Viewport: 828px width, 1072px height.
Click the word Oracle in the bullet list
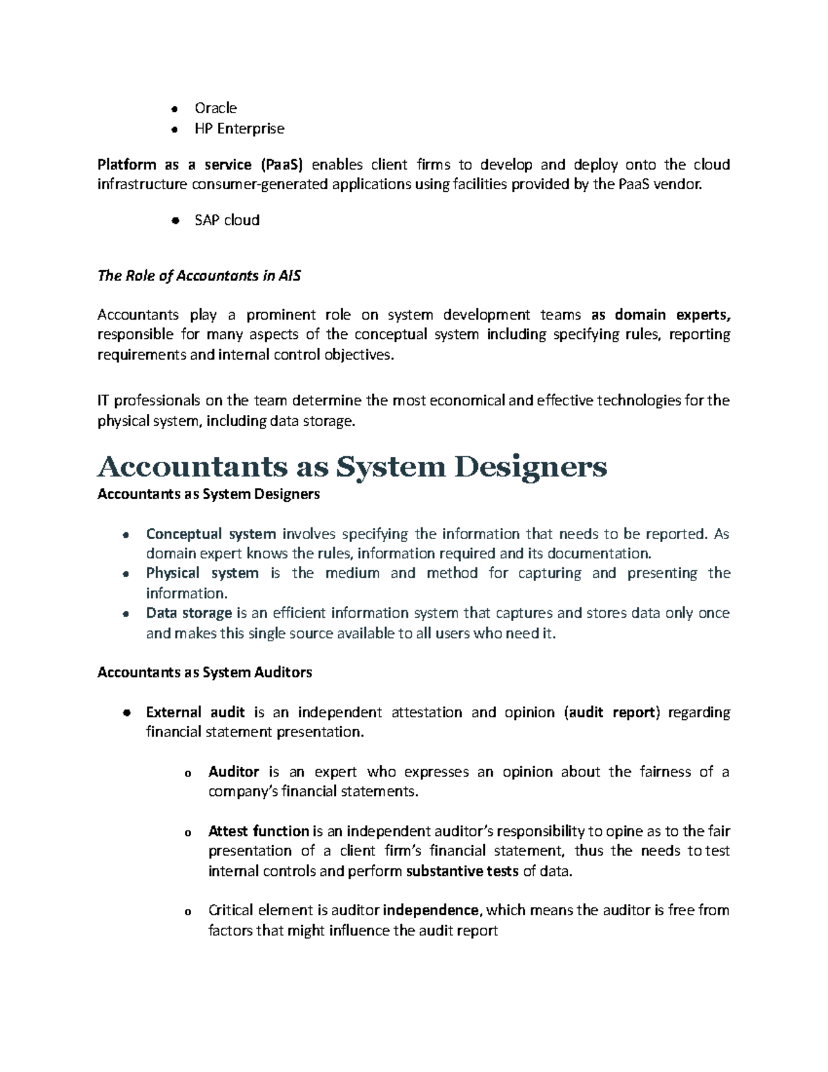[215, 108]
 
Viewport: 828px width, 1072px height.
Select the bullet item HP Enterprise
[239, 128]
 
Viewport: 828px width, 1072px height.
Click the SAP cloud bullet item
[227, 220]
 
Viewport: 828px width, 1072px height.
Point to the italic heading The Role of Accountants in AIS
[199, 276]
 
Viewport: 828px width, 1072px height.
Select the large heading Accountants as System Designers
[352, 467]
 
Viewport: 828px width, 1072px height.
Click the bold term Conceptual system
[210, 534]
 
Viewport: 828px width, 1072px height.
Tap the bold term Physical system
[202, 573]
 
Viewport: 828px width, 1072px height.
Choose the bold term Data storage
[188, 613]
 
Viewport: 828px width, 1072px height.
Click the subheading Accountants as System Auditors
[204, 672]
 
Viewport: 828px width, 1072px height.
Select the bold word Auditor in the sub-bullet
[233, 772]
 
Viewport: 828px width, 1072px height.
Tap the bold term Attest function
[258, 831]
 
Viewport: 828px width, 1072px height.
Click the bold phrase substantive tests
[462, 871]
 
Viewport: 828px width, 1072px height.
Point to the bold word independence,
[431, 910]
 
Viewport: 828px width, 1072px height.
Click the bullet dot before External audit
[126, 713]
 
